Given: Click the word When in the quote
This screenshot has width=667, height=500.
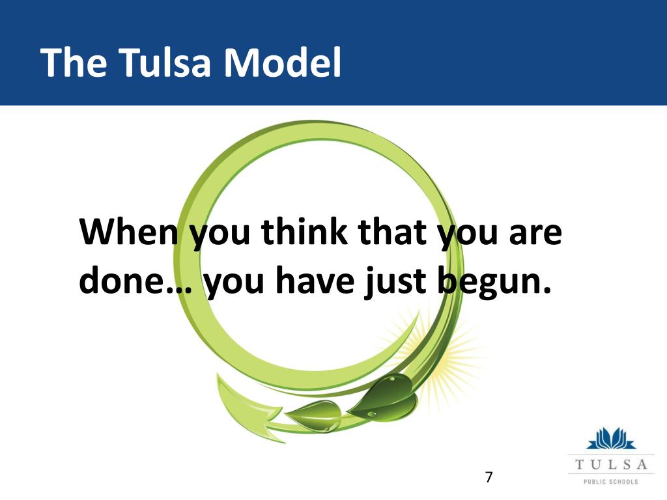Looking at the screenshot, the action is (128, 232).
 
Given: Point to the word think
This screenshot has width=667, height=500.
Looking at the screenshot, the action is (304, 232).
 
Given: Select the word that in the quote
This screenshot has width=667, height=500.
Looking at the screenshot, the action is (392, 232).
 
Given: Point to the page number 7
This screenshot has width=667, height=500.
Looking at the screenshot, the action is (489, 477).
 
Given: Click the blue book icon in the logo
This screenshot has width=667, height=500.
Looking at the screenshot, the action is (611, 439).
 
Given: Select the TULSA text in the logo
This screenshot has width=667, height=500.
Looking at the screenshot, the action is (611, 464).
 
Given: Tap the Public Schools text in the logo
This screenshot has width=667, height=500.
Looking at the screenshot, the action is (611, 482).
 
